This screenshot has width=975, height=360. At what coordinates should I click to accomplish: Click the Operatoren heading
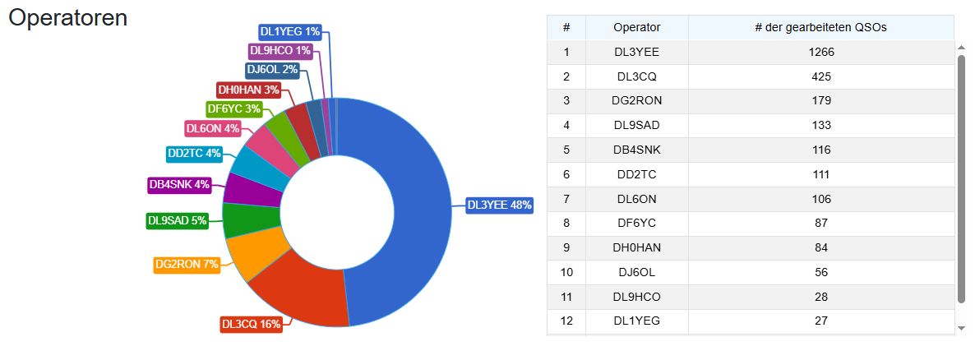point(67,18)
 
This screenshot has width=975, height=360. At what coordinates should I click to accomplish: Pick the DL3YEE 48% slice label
point(499,205)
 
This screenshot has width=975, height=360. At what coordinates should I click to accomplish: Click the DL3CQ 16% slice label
point(252,324)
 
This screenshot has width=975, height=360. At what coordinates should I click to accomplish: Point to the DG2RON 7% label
point(187,265)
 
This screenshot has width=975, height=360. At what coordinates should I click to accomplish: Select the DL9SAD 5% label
point(177,220)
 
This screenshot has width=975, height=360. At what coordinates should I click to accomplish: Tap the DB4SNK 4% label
point(179,184)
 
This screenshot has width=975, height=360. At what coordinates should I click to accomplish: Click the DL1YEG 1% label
point(289,32)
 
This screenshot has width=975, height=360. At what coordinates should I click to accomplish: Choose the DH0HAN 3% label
point(249,90)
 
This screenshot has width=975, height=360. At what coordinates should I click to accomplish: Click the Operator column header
point(636,27)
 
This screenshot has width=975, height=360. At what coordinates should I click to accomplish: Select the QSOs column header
point(820,27)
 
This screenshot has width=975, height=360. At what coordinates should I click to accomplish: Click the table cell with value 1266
point(820,52)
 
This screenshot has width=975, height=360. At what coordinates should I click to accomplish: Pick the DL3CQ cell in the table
point(636,76)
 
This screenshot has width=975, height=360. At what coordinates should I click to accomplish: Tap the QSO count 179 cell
point(820,101)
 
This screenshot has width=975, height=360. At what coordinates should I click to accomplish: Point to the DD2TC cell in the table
point(636,174)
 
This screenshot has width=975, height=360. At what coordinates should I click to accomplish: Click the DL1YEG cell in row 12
point(636,321)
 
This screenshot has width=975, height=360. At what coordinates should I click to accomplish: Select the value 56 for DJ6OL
point(820,272)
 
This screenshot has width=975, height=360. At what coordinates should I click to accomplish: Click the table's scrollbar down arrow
point(962,328)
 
